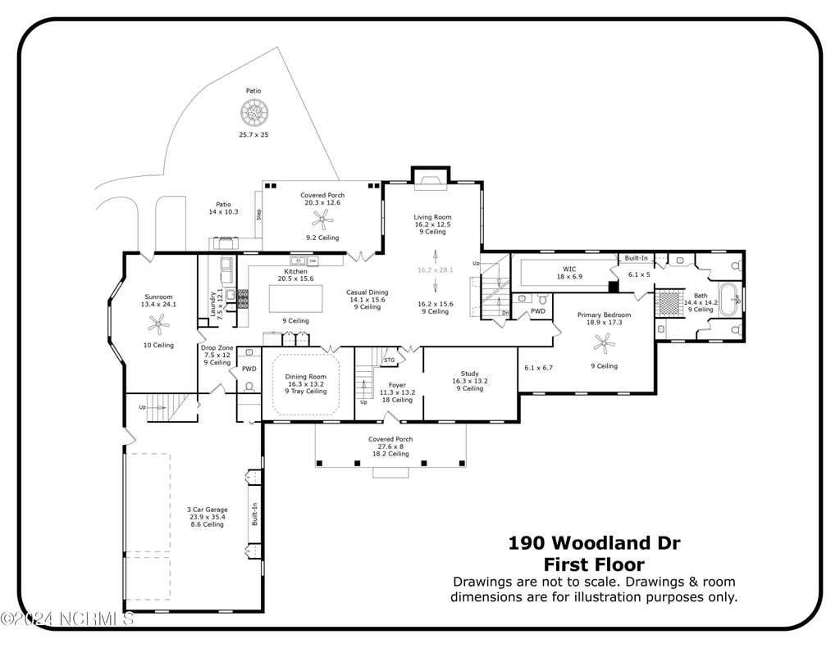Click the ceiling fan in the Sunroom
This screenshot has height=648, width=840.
(158, 324)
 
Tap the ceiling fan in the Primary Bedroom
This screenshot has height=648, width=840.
(605, 343)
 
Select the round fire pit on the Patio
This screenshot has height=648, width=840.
(254, 113)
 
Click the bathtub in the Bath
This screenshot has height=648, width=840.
(728, 300)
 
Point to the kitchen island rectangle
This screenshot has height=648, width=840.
(295, 298)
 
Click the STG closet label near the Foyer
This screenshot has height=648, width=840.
(390, 360)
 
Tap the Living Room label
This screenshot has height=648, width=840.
(432, 217)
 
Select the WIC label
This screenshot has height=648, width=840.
(569, 270)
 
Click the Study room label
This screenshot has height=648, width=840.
(470, 374)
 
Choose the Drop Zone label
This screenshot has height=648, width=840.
(217, 348)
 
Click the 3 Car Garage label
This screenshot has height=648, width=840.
(208, 510)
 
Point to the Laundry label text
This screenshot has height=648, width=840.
(213, 304)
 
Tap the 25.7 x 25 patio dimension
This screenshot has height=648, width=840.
(254, 135)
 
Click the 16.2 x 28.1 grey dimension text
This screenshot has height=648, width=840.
(436, 270)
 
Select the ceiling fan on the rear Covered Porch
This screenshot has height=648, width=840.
(322, 220)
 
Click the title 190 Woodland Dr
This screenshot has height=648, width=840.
(594, 543)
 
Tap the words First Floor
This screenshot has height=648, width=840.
(594, 564)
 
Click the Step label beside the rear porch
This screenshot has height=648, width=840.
(259, 215)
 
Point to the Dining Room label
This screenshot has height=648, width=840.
(305, 377)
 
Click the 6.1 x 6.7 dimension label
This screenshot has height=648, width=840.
(538, 368)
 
